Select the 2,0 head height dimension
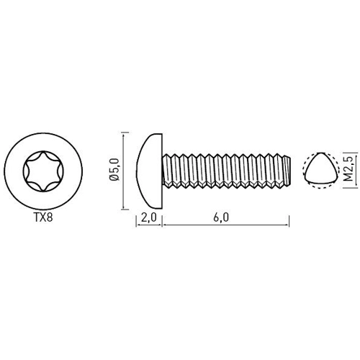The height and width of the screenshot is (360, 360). pyautogui.click(x=150, y=218)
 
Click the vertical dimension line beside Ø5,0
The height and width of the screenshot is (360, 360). pyautogui.click(x=123, y=170)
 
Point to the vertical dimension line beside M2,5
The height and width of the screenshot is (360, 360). pyautogui.click(x=339, y=170)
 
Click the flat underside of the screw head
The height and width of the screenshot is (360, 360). pyautogui.click(x=163, y=170)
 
